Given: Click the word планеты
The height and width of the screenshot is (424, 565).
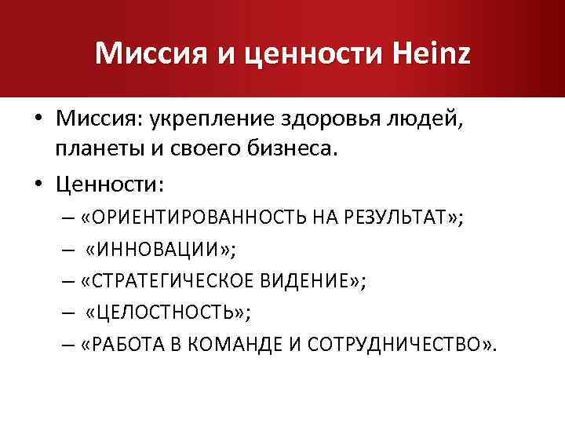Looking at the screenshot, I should (96, 149).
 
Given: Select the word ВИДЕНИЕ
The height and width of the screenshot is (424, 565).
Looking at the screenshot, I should (308, 282).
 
